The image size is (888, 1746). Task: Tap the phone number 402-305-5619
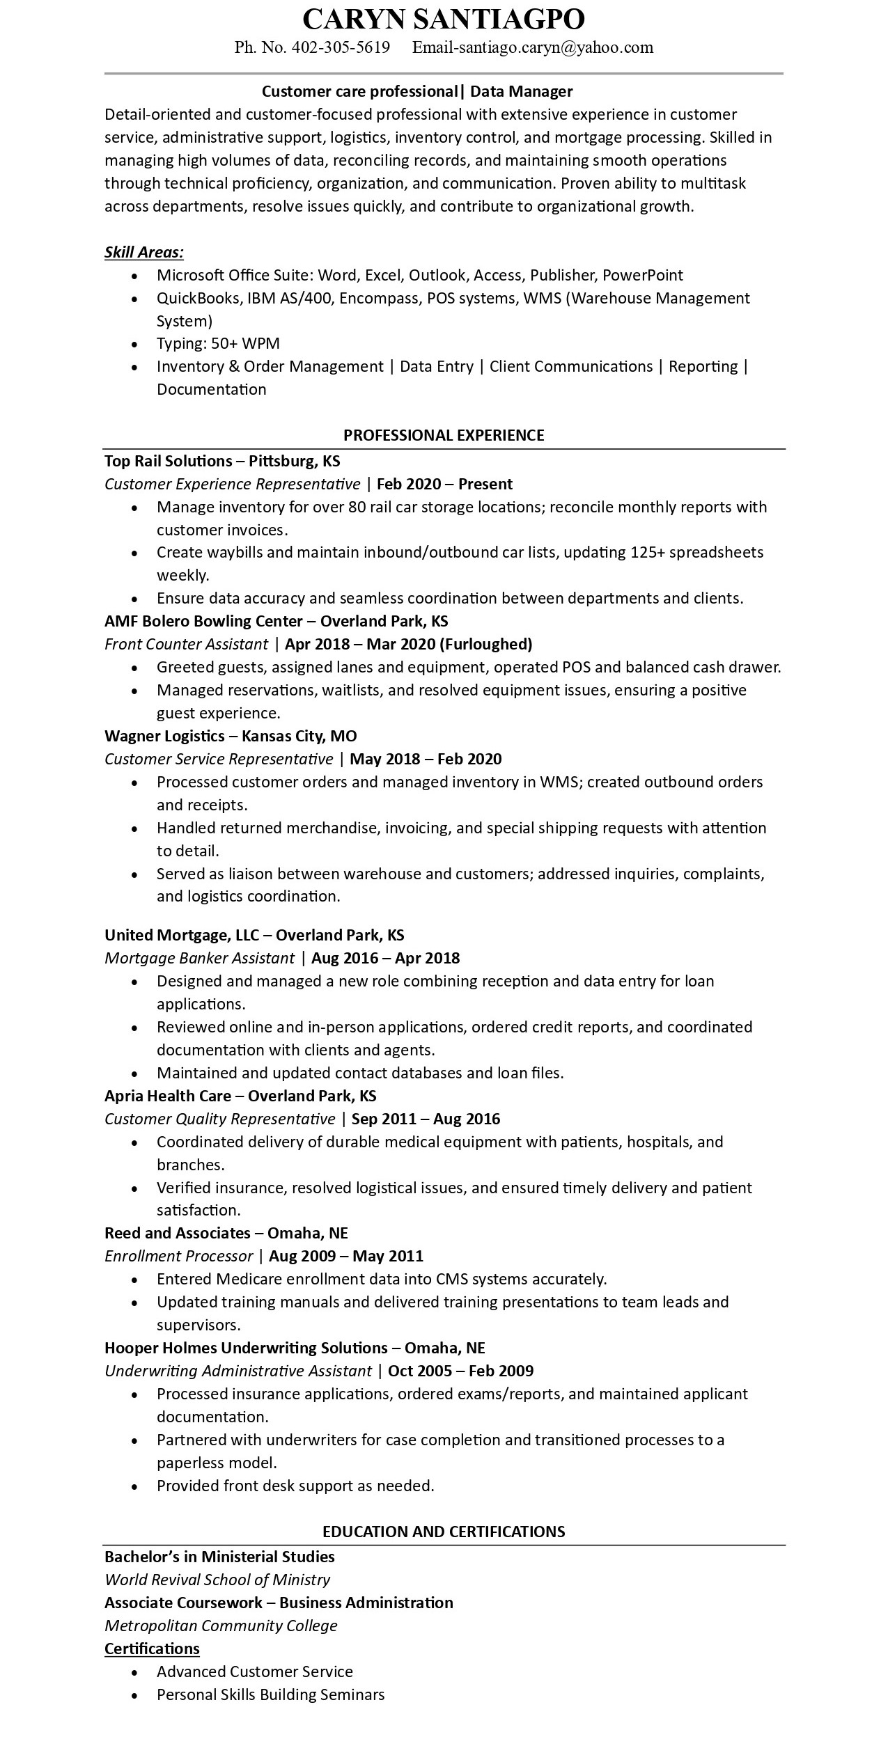click(x=341, y=47)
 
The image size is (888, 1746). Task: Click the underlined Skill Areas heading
click(x=144, y=252)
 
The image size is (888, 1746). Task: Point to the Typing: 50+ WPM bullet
click(x=218, y=343)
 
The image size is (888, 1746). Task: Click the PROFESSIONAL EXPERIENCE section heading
click(x=444, y=435)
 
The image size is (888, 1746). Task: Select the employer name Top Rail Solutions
click(x=168, y=461)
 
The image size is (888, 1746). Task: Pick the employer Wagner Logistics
click(x=164, y=736)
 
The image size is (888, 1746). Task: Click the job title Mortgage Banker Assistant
click(x=199, y=958)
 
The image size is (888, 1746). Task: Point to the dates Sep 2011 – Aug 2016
click(x=426, y=1119)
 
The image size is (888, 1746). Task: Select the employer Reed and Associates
click(x=177, y=1233)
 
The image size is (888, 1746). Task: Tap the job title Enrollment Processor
click(x=178, y=1256)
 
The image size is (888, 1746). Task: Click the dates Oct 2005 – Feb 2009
click(x=460, y=1371)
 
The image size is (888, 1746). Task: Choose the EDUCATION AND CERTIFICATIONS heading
click(x=444, y=1531)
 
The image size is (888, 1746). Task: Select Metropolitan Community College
click(x=221, y=1626)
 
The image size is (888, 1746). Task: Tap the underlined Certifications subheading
click(x=152, y=1649)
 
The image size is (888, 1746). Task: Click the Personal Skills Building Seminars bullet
click(x=270, y=1694)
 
